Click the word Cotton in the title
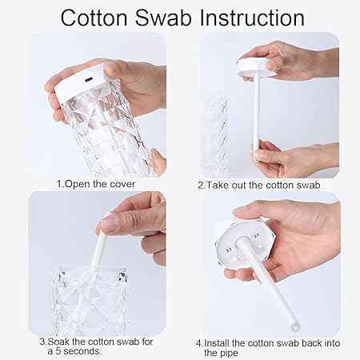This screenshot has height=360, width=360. point(94,18)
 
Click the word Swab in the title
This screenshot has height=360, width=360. point(163,18)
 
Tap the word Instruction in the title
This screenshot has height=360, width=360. point(252,18)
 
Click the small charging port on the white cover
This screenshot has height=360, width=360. point(88,80)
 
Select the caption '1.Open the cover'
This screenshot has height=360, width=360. point(96,184)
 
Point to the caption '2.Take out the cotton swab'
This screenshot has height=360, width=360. point(258,185)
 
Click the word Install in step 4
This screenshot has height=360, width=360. point(217,343)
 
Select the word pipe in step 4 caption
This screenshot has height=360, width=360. point(229,354)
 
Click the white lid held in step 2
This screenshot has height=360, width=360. point(257,68)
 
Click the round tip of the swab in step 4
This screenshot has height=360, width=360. point(295,326)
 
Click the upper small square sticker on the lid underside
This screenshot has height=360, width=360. point(257,236)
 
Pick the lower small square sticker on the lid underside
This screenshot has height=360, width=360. point(229,250)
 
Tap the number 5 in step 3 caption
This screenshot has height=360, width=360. point(58,351)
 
